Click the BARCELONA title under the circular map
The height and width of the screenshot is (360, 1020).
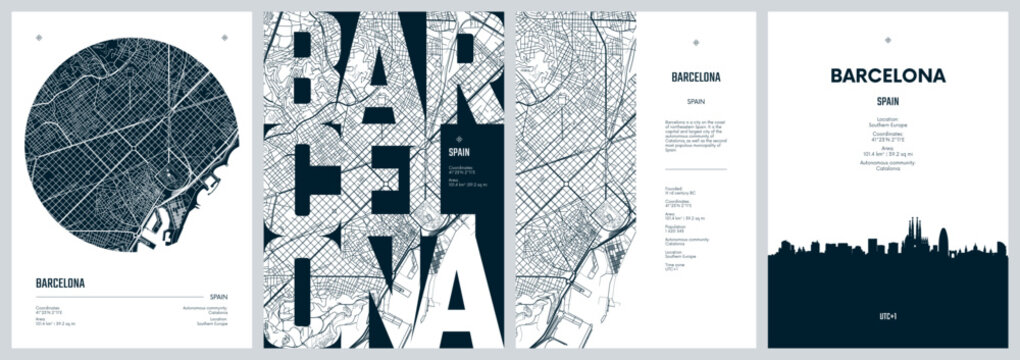coord(60,283)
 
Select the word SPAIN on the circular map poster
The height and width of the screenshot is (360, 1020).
coord(220,297)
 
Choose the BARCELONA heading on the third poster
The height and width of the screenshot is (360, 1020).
coord(695,76)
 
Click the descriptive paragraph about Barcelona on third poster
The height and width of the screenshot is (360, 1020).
coord(695,135)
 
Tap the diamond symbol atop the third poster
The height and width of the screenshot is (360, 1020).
coord(695,38)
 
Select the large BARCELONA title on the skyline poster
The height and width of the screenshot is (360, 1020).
coord(888,75)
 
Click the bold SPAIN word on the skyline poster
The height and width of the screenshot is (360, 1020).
coord(888,101)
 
